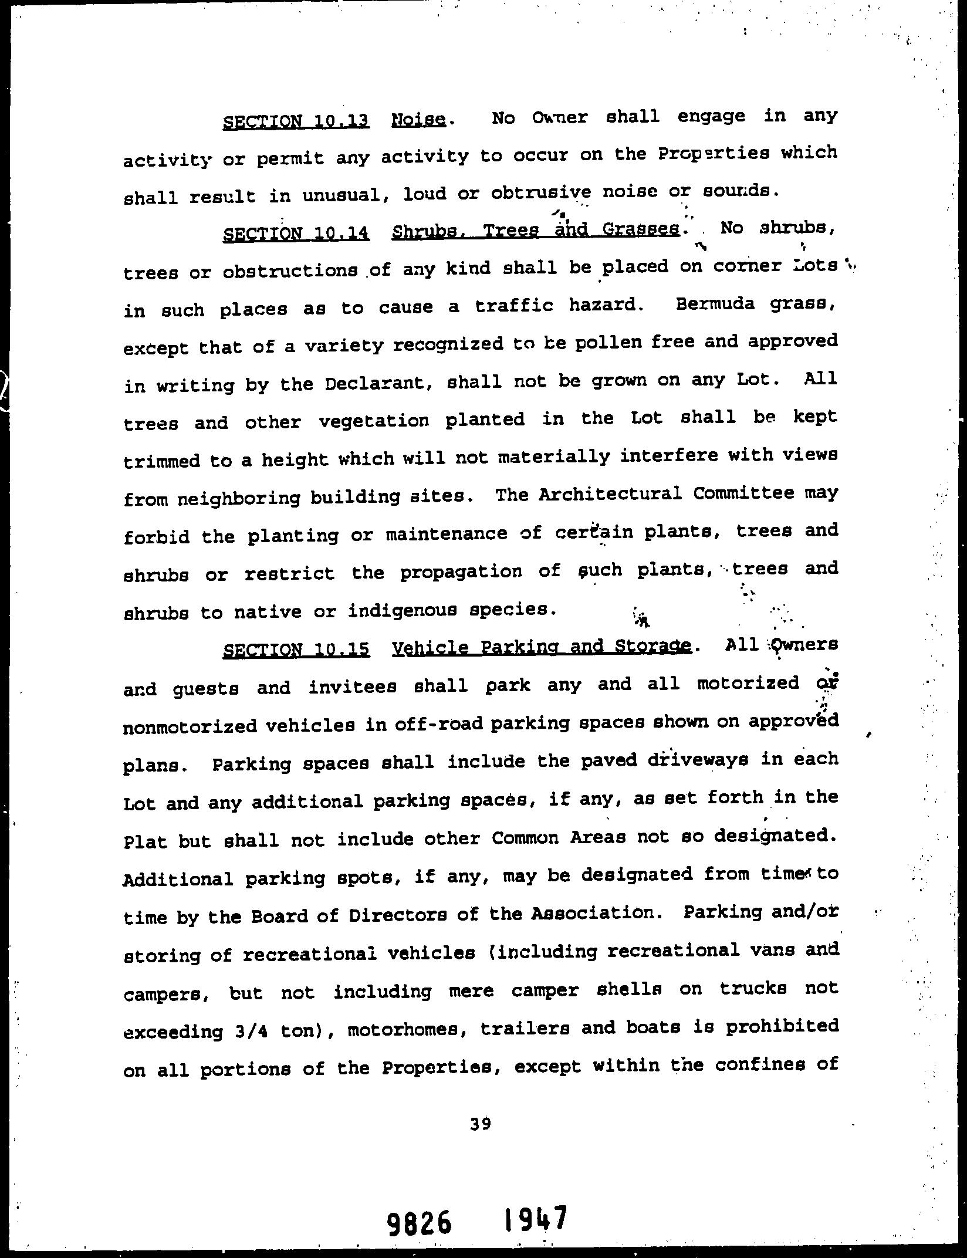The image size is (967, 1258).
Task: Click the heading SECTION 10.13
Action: (296, 121)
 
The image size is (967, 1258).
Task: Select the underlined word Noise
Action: (418, 120)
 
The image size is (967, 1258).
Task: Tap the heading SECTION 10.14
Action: (296, 234)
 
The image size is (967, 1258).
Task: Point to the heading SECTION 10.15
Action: (296, 650)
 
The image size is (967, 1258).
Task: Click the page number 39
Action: (480, 1123)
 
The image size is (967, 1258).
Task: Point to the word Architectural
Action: (610, 494)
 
